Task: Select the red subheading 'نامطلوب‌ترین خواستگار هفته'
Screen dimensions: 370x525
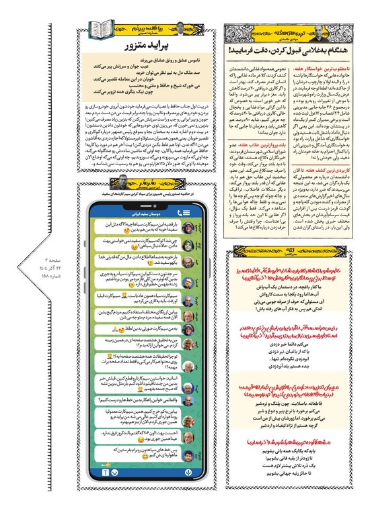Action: pyautogui.click(x=326, y=69)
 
